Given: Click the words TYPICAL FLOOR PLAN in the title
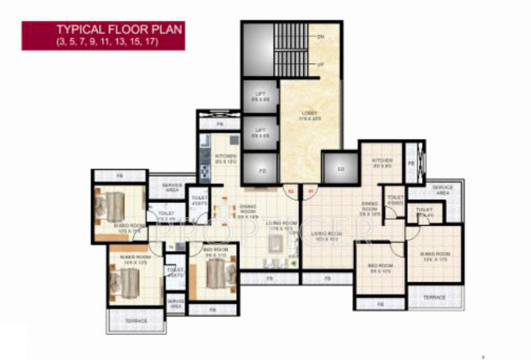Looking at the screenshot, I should [119, 29].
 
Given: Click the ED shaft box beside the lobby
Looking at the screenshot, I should [341, 170].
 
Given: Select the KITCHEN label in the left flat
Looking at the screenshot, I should [226, 157].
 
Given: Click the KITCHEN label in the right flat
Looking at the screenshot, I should [382, 161].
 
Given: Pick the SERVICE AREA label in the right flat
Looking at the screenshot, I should [442, 190].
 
